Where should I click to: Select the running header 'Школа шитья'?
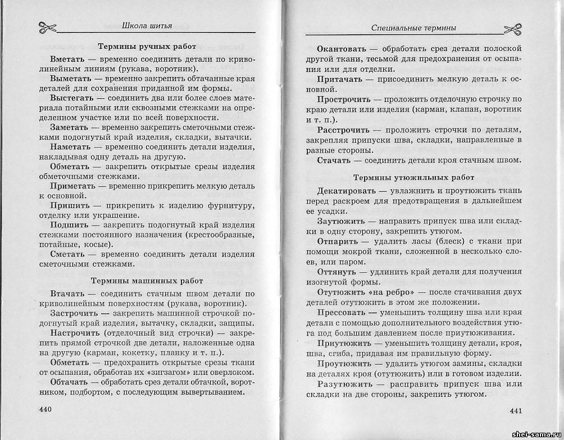147,25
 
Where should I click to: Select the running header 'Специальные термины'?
413,27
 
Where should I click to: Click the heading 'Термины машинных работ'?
147,280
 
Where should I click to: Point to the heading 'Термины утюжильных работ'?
410,177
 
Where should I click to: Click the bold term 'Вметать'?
67,58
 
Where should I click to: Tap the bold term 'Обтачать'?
70,382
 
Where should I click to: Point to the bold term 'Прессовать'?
343,311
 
